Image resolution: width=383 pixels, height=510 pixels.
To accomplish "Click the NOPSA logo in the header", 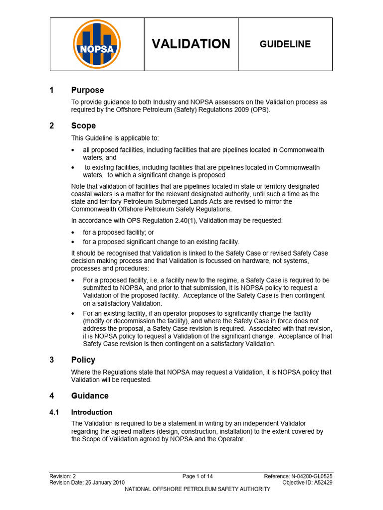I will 97,44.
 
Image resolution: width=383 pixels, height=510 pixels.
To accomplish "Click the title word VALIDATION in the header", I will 191,44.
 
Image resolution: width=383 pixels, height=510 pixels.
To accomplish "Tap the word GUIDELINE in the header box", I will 285,44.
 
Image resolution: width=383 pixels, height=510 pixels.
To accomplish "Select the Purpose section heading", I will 87,90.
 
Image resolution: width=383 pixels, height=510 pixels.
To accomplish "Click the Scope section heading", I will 83,126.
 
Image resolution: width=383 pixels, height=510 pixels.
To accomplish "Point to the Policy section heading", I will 83,360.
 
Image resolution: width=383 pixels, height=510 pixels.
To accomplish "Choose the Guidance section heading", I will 90,396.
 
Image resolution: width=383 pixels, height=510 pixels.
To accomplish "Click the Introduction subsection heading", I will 92,412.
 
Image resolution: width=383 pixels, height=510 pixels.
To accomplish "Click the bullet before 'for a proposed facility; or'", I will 73,233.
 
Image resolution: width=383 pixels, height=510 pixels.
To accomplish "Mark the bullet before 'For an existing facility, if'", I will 73,314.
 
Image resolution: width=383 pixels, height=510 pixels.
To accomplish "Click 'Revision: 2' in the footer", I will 63,477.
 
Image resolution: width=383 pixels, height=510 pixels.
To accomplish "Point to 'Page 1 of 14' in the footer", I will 197,477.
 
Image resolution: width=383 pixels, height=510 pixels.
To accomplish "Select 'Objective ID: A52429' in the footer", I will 308,483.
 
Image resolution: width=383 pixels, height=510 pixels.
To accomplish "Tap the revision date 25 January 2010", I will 106,483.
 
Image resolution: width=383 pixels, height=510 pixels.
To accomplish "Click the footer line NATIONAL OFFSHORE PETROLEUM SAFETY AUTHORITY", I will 197,489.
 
